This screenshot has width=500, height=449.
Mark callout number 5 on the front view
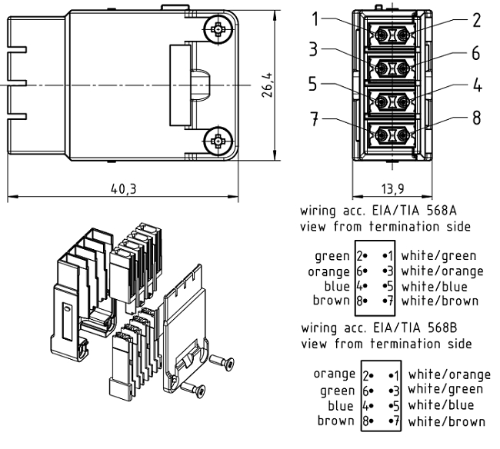(x=315, y=85)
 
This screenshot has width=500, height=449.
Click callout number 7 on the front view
(x=315, y=119)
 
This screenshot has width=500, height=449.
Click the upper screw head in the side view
(x=219, y=30)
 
